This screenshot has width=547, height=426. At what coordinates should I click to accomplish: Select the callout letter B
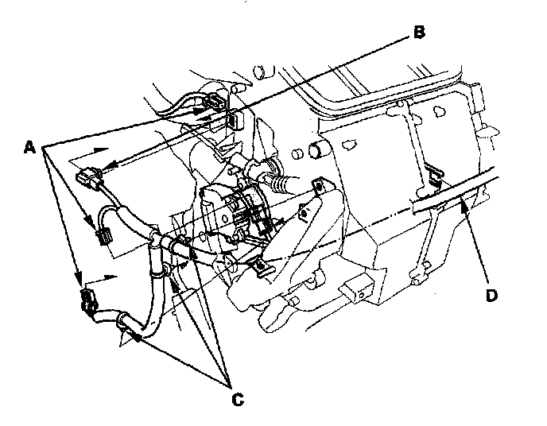point(419,33)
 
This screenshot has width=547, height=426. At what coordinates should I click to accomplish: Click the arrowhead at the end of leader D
point(459,204)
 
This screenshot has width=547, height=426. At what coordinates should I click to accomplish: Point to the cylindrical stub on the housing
point(320,149)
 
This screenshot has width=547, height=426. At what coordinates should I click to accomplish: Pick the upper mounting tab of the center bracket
point(318,185)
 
